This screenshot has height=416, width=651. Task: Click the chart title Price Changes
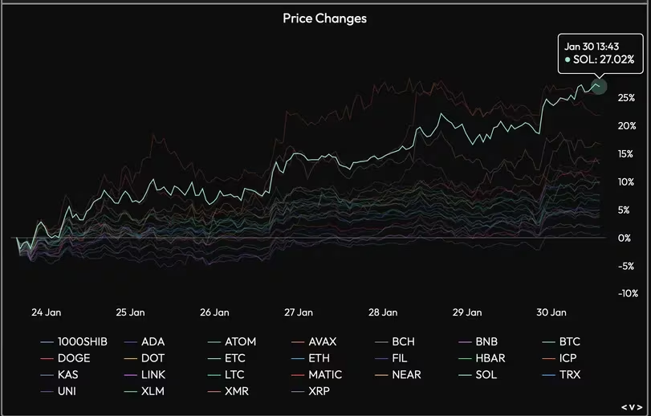pyautogui.click(x=324, y=18)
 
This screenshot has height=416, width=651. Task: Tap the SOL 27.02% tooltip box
pyautogui.click(x=600, y=53)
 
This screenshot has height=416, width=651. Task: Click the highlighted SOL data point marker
pyautogui.click(x=598, y=85)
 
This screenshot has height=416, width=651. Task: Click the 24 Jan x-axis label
pyautogui.click(x=46, y=312)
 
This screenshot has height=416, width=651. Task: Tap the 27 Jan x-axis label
pyautogui.click(x=299, y=312)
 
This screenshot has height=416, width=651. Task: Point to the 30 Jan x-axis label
pyautogui.click(x=551, y=312)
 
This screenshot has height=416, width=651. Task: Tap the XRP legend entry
pyautogui.click(x=319, y=391)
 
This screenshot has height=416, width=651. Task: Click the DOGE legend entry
pyautogui.click(x=74, y=358)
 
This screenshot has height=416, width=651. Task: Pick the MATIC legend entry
pyautogui.click(x=324, y=374)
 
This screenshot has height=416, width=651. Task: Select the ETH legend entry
pyautogui.click(x=319, y=358)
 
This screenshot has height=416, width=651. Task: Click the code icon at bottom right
pyautogui.click(x=632, y=406)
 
